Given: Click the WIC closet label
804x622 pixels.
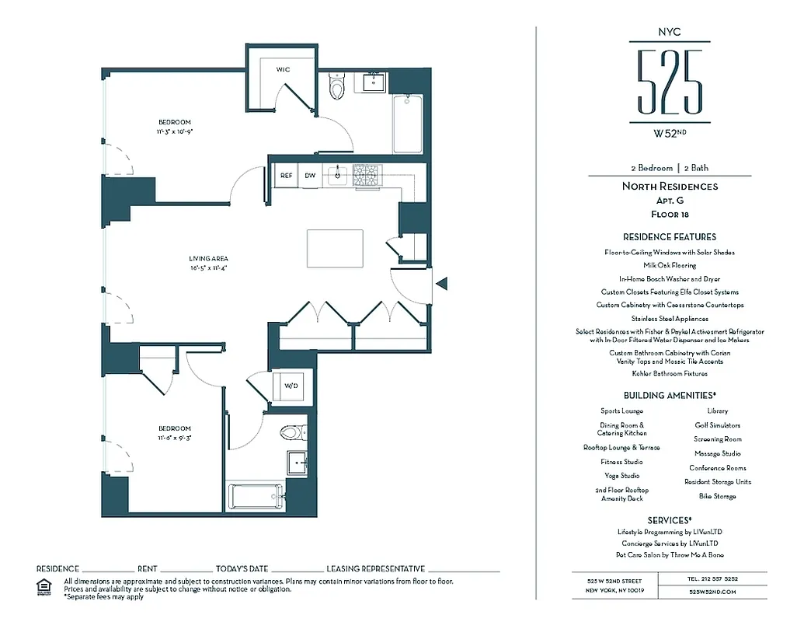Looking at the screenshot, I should coord(283,69).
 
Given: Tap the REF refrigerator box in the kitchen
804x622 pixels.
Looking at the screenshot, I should coord(286,176).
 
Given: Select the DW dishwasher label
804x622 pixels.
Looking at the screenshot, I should coord(310,176).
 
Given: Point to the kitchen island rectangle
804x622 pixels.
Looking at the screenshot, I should coord(336,247).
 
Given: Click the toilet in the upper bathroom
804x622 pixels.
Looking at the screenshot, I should coord(336,87).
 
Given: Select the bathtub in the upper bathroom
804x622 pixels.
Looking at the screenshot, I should coord(408,124).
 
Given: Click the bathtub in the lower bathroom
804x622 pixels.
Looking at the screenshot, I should coord(256,496).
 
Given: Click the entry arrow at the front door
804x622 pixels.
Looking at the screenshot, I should coord(441,284).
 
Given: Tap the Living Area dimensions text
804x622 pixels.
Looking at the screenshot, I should coord(208,268).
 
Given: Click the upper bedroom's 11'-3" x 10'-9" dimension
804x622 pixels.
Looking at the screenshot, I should coord(175,131).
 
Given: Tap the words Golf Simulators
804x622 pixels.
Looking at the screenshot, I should coord(717,425).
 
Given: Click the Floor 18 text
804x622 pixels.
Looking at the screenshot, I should coord(670,214).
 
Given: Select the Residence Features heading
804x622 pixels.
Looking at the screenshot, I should coord(670,236).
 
